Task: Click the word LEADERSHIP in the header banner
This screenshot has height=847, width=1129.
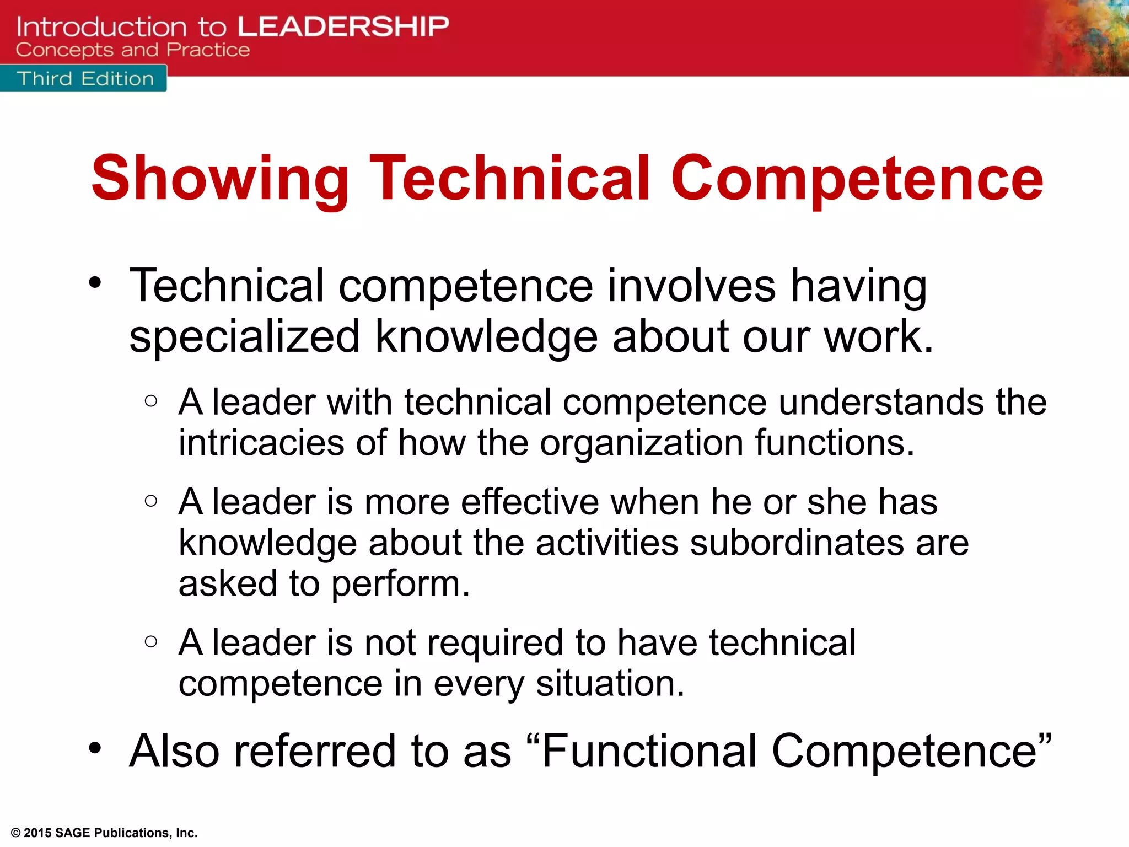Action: click(x=343, y=26)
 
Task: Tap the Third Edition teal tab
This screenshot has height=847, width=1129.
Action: click(x=84, y=79)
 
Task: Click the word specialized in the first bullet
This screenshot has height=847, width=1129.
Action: click(x=245, y=337)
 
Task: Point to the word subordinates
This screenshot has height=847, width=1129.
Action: click(x=797, y=543)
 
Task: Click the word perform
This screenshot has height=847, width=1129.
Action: click(x=400, y=585)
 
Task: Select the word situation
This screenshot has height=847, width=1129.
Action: click(x=610, y=684)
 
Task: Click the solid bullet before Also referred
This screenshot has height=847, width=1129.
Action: click(x=95, y=748)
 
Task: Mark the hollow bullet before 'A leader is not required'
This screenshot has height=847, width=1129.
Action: click(x=151, y=641)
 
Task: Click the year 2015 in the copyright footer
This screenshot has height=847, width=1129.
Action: click(x=37, y=833)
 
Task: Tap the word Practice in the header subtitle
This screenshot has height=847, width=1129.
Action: click(x=208, y=50)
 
